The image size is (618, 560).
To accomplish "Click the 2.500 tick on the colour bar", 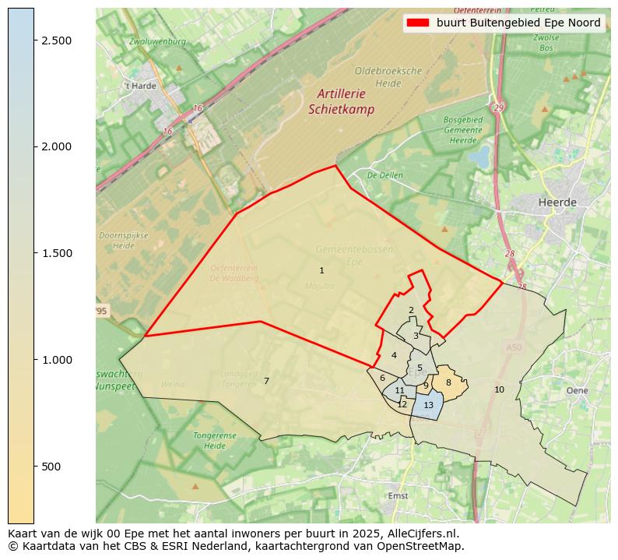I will coord(35,41).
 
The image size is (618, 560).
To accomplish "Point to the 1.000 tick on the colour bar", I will coord(35,360).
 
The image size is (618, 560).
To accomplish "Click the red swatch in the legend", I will coord(418,23).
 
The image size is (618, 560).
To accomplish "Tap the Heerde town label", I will coord(557,203).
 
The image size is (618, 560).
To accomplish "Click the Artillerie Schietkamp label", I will coord(341,102).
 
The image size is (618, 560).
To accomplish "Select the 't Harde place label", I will coord(139,86).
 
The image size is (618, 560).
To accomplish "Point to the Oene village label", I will coord(578,390).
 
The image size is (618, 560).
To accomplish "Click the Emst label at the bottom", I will coord(398,495).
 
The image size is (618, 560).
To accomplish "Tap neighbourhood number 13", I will coord(428,405).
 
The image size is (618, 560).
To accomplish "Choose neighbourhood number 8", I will coord(448,382).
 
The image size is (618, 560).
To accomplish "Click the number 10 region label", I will coord(499,389).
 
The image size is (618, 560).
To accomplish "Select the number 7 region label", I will coord(266,381).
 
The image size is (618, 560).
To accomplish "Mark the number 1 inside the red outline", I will coord(321,270).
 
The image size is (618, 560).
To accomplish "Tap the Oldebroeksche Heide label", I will coord(377,76).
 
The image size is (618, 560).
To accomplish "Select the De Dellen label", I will coord(385,175).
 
